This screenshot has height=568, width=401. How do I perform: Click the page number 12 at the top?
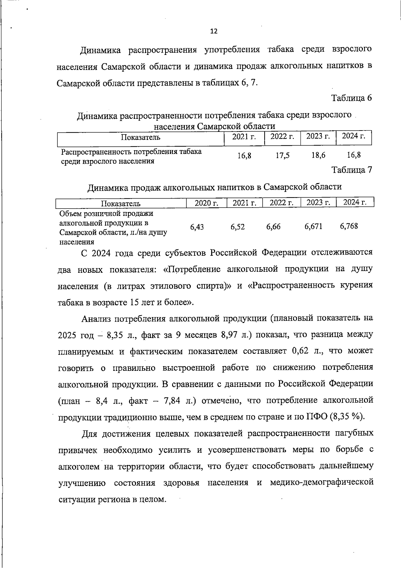[x=214, y=31]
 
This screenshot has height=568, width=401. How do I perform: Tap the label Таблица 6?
[x=351, y=98]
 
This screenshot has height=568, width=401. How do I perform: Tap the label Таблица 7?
[x=351, y=170]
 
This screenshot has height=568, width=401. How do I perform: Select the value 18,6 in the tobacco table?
[x=318, y=155]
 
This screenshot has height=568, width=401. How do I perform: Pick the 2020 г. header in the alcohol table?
[x=206, y=203]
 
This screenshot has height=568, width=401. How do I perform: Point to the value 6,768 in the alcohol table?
[x=349, y=226]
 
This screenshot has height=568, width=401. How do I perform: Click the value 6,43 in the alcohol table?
[x=197, y=227]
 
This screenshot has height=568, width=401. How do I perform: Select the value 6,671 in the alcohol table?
[x=313, y=227]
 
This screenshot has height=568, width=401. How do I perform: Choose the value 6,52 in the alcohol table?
[x=238, y=227]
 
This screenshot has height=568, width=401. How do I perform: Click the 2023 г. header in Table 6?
[x=318, y=136]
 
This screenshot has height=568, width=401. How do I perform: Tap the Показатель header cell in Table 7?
[x=121, y=204]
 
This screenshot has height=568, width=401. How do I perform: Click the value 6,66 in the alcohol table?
[x=273, y=227]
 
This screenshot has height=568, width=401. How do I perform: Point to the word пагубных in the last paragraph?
[x=354, y=433]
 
